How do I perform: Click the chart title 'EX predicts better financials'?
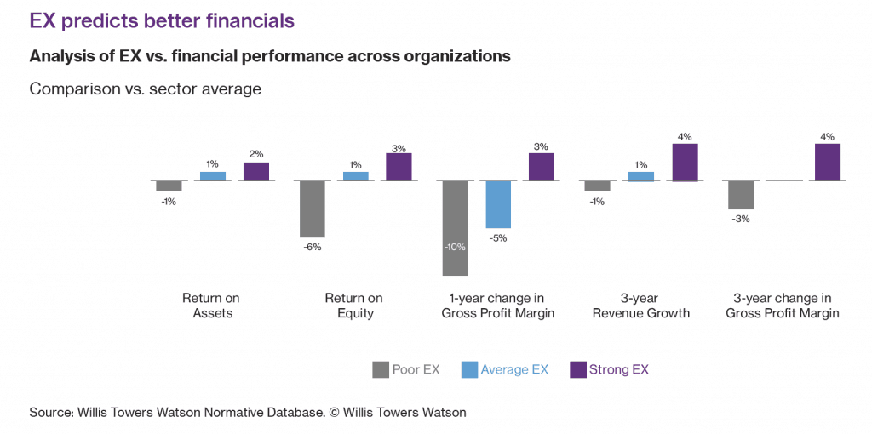click(x=162, y=21)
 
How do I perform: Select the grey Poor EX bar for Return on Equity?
click(x=313, y=209)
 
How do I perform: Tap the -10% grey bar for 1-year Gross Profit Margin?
click(x=456, y=228)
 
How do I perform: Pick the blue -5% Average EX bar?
click(x=498, y=204)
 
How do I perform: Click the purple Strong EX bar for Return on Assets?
click(x=256, y=171)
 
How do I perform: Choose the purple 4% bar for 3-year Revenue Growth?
click(x=685, y=162)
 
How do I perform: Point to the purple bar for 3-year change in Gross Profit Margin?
click(x=828, y=162)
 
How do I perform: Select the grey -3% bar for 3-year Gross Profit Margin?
click(x=741, y=195)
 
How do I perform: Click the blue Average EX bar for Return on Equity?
click(x=356, y=176)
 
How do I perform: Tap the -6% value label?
click(x=313, y=247)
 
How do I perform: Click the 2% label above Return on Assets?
click(x=256, y=154)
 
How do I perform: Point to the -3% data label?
click(x=741, y=219)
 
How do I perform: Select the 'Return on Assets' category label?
click(x=211, y=306)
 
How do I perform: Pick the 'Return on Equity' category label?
click(x=354, y=306)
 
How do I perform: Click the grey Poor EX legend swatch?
click(x=380, y=369)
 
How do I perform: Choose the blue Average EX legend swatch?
click(x=469, y=369)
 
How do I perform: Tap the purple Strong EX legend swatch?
click(x=577, y=369)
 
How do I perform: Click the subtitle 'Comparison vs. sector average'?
click(x=146, y=89)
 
